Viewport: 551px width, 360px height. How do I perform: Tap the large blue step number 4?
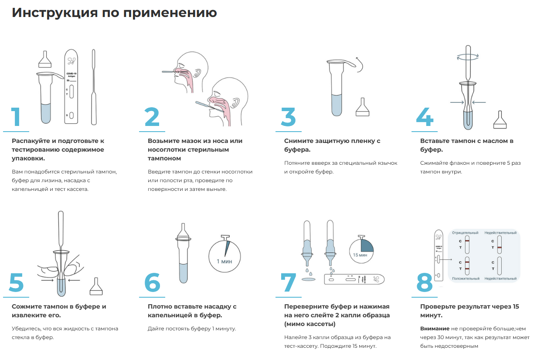[425, 117]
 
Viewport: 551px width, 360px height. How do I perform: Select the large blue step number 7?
[288, 282]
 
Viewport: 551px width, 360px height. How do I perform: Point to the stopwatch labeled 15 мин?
[361, 249]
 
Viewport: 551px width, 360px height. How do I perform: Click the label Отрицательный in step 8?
[465, 233]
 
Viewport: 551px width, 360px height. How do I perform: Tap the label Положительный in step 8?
[466, 278]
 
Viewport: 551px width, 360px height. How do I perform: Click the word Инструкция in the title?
[55, 13]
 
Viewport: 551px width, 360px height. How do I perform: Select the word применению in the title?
[170, 13]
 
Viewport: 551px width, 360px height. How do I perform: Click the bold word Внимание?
[435, 329]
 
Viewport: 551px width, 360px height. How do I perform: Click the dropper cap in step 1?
[45, 59]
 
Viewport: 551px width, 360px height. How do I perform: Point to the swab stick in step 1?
[94, 87]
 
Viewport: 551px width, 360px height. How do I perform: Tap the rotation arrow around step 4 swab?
[468, 57]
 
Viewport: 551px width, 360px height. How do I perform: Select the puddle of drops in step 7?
[309, 279]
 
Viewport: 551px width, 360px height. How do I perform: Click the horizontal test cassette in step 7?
[354, 279]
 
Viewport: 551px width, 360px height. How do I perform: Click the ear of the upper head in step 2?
[197, 72]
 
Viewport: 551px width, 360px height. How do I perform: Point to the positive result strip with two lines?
[467, 266]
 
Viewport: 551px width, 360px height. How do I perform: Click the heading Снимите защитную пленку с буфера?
[332, 145]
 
